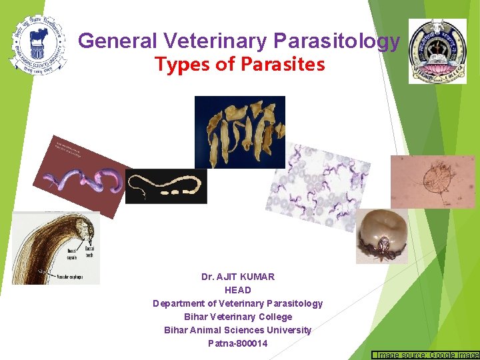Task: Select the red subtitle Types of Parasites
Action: [x=239, y=65]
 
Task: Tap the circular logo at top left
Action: [x=38, y=44]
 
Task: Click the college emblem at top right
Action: [x=437, y=47]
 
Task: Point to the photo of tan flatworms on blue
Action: [x=239, y=132]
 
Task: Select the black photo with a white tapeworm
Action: [x=166, y=186]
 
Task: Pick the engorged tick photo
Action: [x=381, y=237]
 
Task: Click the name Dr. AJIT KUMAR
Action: [x=238, y=277]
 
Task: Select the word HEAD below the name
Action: [x=238, y=290]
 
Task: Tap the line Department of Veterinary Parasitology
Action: [x=238, y=303]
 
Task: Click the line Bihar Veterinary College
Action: [x=238, y=317]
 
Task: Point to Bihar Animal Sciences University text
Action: [x=238, y=330]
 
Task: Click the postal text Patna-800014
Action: [x=238, y=343]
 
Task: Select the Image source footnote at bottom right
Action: [x=425, y=355]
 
